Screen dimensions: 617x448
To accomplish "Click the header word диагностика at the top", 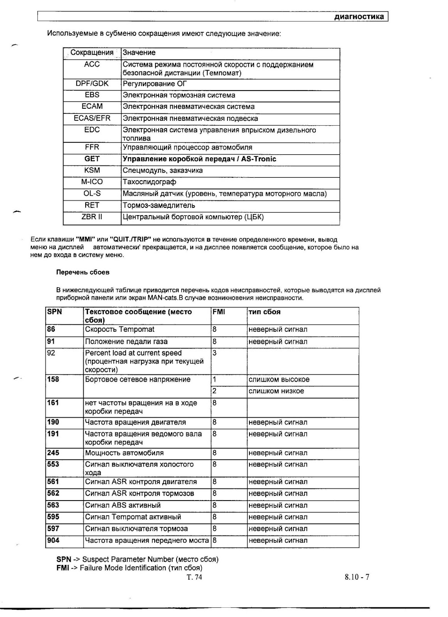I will coord(359,17).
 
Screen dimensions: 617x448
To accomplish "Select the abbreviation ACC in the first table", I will coord(92,64).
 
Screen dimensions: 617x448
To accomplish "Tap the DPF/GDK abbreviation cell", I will coord(92,84).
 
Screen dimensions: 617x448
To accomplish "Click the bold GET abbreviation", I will coord(92,159).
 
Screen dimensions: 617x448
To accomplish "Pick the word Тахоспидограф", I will coord(149,182).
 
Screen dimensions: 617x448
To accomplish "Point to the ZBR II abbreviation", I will coord(92,217).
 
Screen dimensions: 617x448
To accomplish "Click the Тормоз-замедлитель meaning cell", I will coord(159,205).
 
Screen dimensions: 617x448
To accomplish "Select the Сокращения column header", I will coord(92,52).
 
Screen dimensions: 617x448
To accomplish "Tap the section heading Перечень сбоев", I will coord(83,272).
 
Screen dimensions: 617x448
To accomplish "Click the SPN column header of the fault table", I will coord(54,312).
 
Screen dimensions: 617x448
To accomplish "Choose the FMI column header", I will coord(219,312).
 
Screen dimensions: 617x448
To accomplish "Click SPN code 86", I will coord(51,329).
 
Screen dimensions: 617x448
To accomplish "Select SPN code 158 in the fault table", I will coord(53,379).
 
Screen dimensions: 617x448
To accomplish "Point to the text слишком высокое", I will coord(279,379).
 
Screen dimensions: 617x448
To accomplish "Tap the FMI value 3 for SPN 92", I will coord(214,353).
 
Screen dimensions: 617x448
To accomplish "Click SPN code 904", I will coord(53,540).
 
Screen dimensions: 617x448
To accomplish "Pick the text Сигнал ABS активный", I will coord(123,505).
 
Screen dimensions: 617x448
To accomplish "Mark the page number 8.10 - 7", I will coord(357,577).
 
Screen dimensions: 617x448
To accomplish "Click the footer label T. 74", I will coord(194,577).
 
